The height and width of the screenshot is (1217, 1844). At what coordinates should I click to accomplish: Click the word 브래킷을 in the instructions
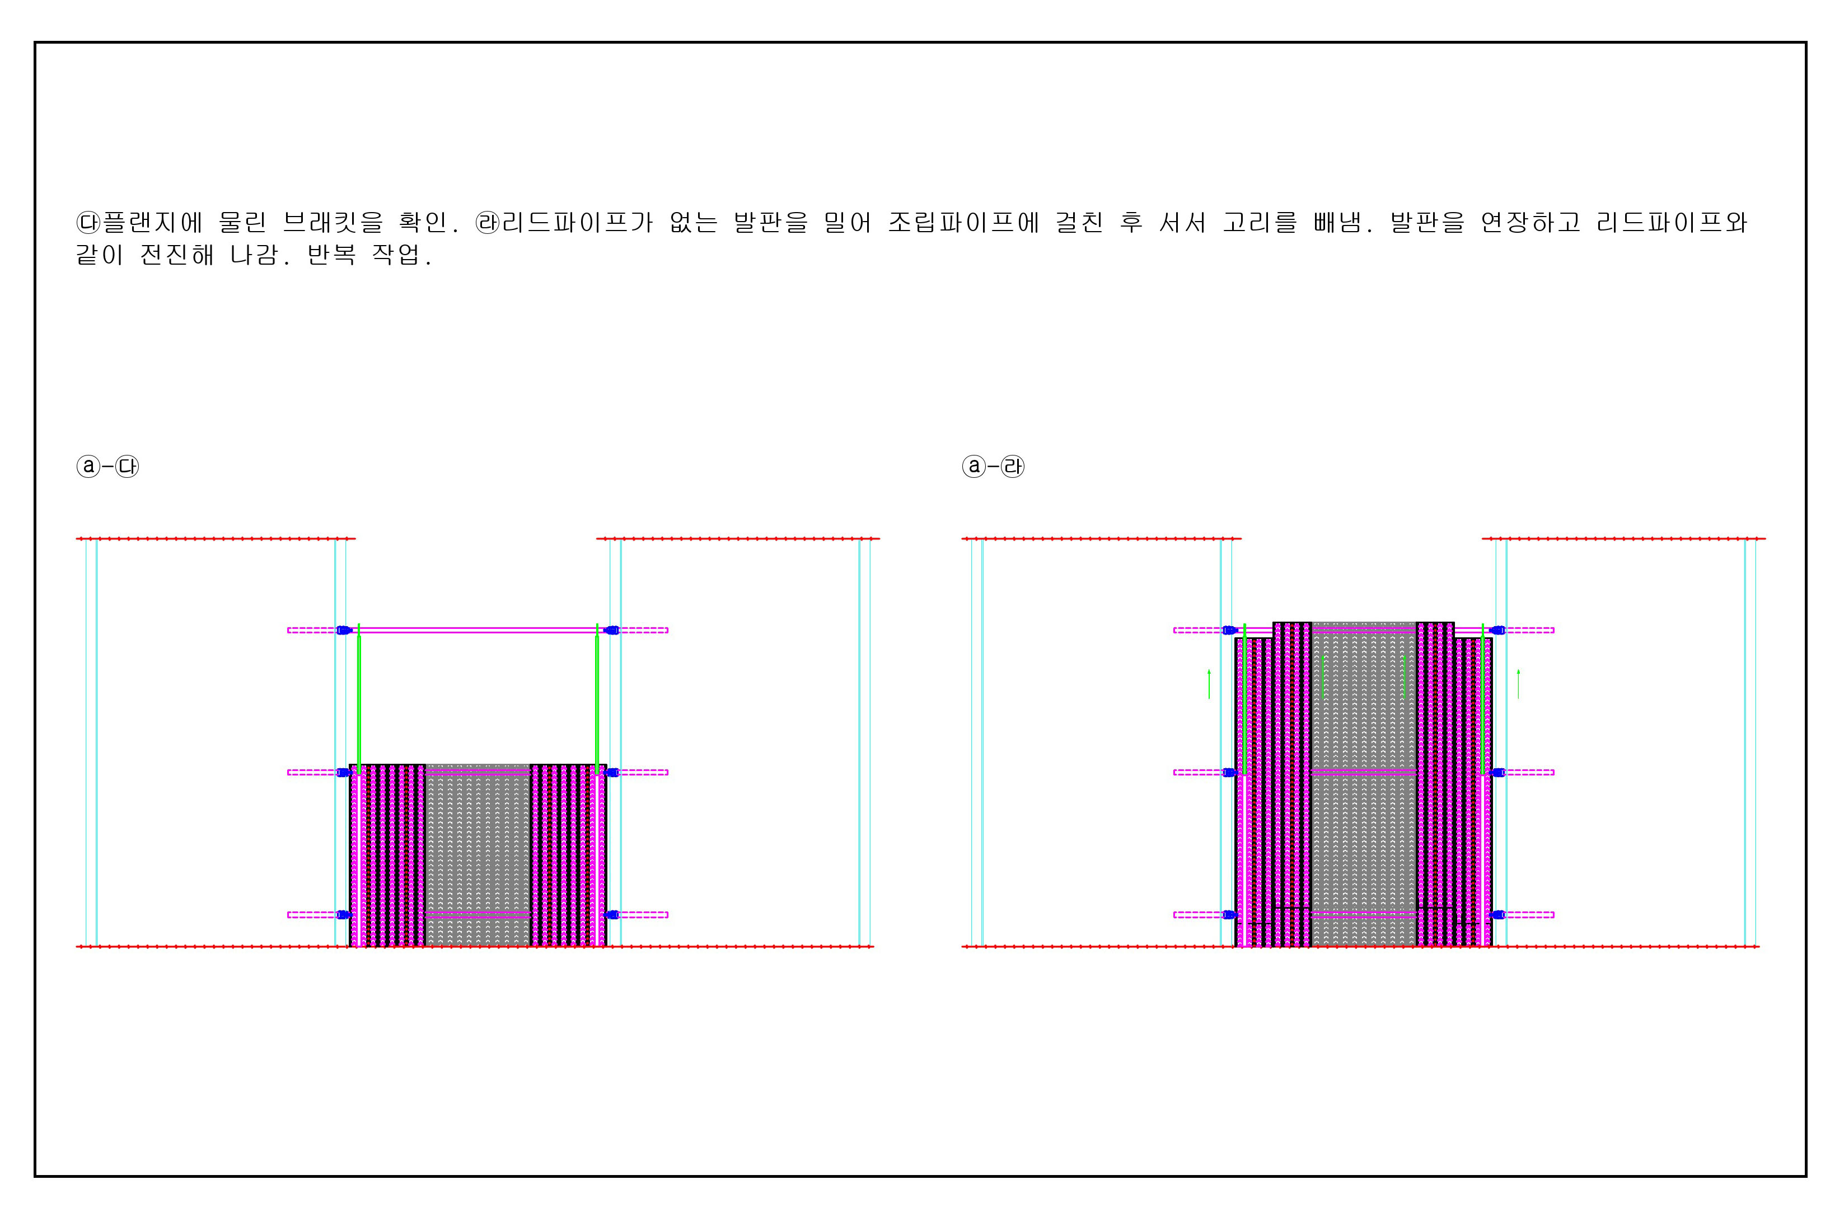tap(333, 223)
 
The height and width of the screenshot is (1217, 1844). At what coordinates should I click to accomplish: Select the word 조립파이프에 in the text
tap(963, 223)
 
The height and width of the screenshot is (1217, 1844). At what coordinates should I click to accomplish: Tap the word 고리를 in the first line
tap(1260, 223)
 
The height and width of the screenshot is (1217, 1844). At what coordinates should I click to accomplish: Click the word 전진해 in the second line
tap(177, 255)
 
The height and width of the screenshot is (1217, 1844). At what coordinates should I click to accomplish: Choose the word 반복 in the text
tap(331, 255)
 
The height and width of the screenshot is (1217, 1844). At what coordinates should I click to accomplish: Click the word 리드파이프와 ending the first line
tap(1672, 223)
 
